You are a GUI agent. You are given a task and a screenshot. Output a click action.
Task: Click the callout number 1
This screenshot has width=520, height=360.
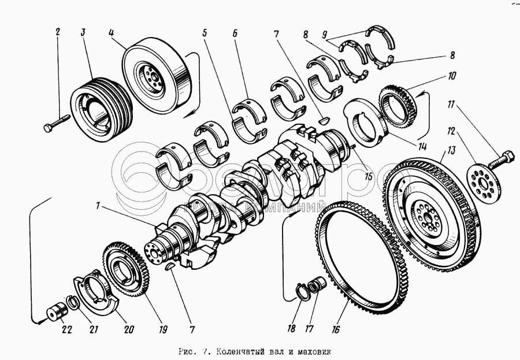(99, 205)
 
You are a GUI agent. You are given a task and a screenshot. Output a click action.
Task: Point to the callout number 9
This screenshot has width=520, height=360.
(326, 33)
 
